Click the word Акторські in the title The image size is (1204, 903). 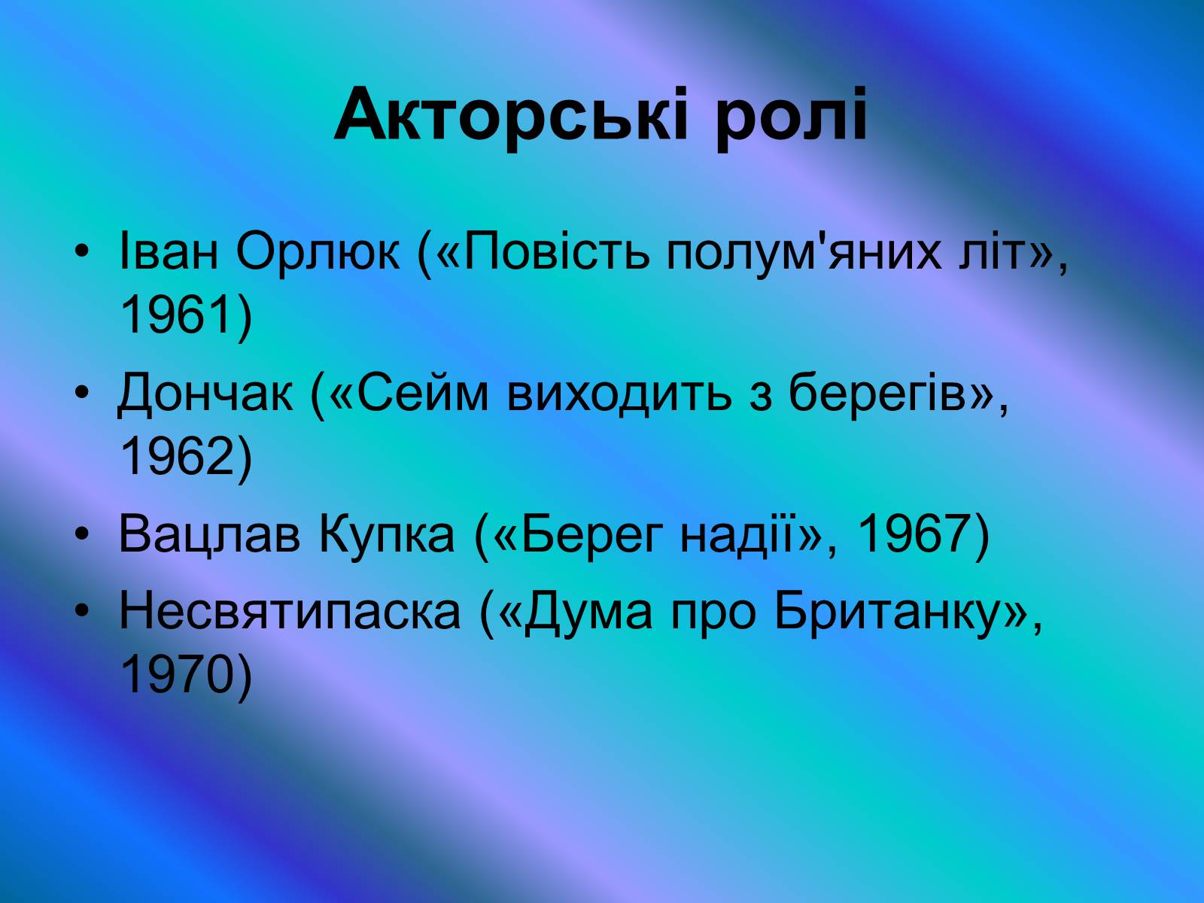510,116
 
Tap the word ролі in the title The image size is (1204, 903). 792,119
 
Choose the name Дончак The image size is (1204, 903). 205,393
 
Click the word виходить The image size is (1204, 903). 619,393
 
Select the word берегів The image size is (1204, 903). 877,393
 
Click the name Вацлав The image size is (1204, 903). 209,534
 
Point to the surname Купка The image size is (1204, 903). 386,534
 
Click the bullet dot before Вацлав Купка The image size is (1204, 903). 81,534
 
